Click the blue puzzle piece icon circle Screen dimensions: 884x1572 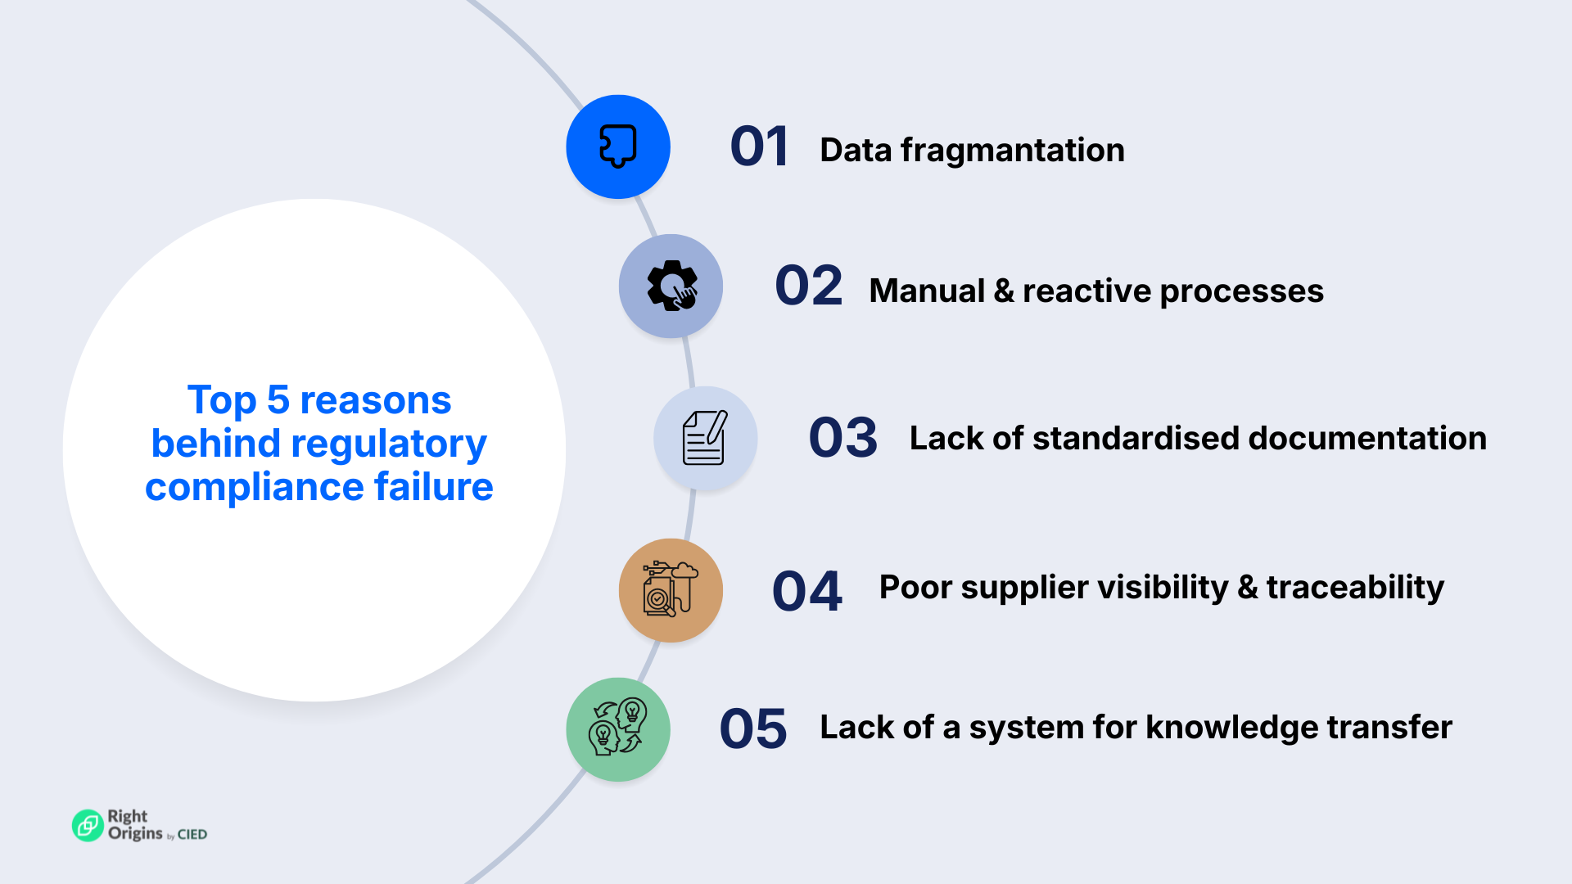click(x=618, y=147)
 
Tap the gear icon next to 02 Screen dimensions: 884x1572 click(x=671, y=286)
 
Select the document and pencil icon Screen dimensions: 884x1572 click(x=705, y=438)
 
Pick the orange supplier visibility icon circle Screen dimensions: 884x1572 click(x=671, y=589)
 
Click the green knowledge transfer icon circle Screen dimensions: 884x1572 click(x=618, y=728)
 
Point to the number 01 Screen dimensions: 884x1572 click(x=759, y=147)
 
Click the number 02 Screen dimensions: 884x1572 click(x=808, y=286)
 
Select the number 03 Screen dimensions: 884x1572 click(x=842, y=438)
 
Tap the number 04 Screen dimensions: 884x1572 click(x=806, y=591)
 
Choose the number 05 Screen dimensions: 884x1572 click(x=753, y=729)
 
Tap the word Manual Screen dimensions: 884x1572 click(x=927, y=291)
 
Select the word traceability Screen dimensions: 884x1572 click(x=1355, y=588)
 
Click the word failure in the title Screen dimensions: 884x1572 click(x=433, y=487)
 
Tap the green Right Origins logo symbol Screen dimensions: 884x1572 click(x=88, y=825)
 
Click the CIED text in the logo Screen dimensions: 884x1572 click(x=192, y=835)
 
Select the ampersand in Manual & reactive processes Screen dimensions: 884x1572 click(x=1004, y=291)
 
